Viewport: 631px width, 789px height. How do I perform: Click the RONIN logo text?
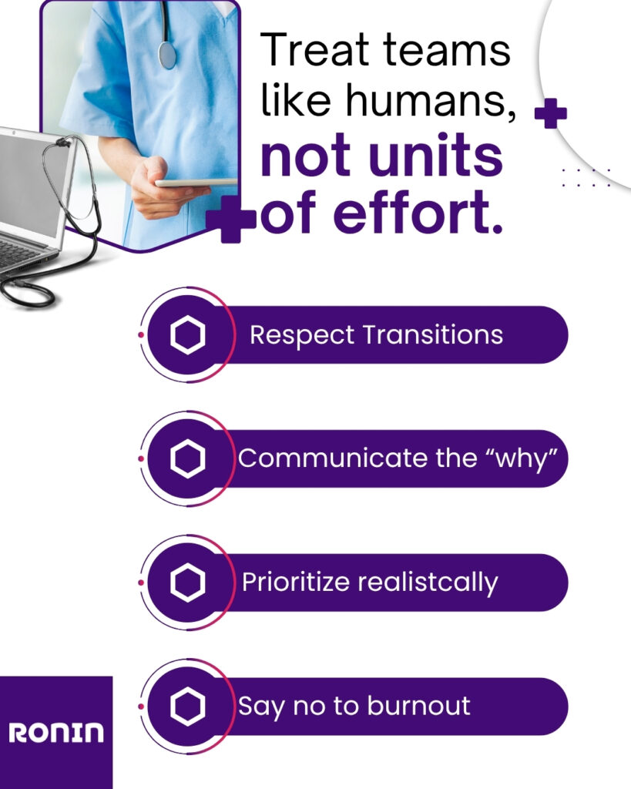[55, 733]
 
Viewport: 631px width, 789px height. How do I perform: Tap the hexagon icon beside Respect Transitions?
[188, 334]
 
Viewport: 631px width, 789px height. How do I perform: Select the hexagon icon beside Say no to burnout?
[188, 706]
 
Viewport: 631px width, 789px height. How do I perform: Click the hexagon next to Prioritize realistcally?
[188, 583]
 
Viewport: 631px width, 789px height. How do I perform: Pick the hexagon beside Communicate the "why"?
[188, 458]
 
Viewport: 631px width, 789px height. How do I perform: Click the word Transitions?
[432, 334]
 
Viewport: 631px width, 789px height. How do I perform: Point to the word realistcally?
[428, 583]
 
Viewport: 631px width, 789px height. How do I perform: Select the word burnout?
[418, 705]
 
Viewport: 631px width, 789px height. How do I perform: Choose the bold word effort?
[417, 212]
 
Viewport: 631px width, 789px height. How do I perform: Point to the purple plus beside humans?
[551, 113]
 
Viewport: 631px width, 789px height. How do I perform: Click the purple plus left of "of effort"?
[231, 220]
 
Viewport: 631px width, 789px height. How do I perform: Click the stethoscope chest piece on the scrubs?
[167, 55]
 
